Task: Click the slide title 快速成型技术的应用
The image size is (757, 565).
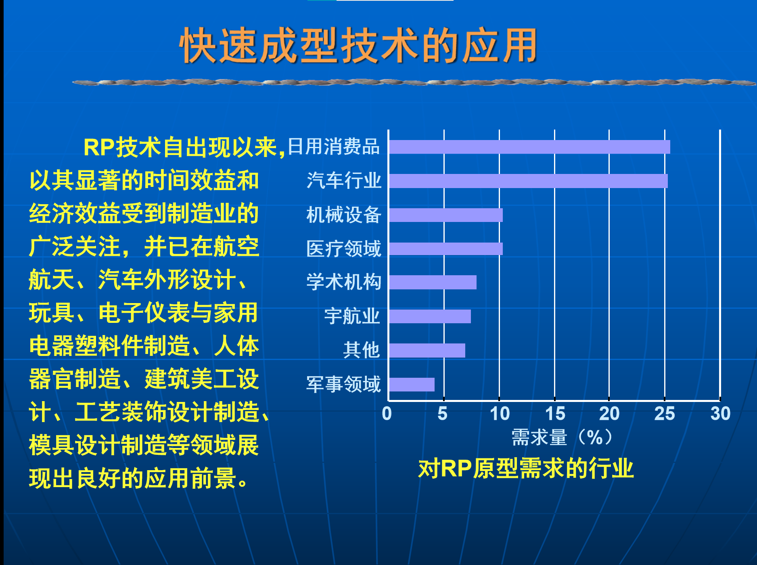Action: click(x=358, y=46)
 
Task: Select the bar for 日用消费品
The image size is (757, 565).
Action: click(x=529, y=147)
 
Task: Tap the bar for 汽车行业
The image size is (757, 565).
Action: click(x=528, y=181)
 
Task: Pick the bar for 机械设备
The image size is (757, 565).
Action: click(x=446, y=215)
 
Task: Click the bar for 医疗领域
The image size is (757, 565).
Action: click(x=446, y=249)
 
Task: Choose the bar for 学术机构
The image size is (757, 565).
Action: click(x=433, y=282)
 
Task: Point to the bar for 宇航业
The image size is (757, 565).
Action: click(x=430, y=316)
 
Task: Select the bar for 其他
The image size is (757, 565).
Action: click(x=427, y=350)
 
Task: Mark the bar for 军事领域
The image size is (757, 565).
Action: click(x=412, y=385)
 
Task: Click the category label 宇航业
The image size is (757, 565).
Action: click(x=352, y=316)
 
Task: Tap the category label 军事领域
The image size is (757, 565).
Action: click(x=343, y=384)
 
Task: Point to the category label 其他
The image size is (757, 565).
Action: click(x=362, y=350)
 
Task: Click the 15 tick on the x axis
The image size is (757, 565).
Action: click(x=555, y=414)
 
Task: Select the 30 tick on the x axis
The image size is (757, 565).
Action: click(x=720, y=414)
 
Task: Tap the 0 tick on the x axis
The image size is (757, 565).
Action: click(x=387, y=414)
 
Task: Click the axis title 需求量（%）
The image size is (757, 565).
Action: click(x=562, y=437)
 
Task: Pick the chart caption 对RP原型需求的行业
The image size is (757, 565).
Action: click(x=526, y=469)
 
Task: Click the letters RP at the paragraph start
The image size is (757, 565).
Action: click(x=99, y=147)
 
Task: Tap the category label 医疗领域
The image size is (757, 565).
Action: click(x=343, y=249)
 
